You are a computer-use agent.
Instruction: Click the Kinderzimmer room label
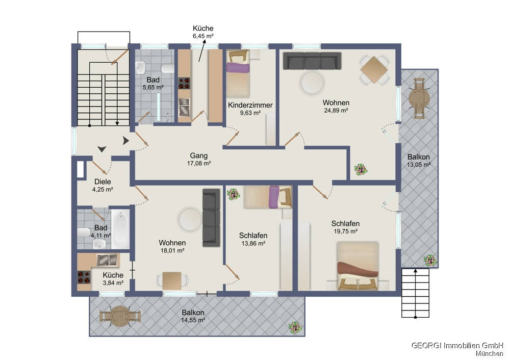[250, 105]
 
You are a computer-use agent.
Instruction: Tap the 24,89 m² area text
[336, 111]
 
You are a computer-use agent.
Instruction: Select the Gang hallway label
[199, 156]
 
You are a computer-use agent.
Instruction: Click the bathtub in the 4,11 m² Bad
[120, 229]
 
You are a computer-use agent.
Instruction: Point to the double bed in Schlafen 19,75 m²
[358, 265]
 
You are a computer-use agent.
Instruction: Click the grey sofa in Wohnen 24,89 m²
[312, 61]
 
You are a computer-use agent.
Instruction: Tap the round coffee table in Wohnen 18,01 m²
[190, 219]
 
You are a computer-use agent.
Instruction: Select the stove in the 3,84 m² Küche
[84, 277]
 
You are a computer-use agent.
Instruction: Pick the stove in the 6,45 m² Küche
[184, 83]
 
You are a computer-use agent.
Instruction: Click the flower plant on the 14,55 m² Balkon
[295, 327]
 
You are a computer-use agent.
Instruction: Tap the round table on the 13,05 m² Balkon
[419, 98]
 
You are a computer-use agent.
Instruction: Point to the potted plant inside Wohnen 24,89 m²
[361, 169]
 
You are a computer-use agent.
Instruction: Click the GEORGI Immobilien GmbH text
[457, 345]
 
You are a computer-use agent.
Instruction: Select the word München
[489, 353]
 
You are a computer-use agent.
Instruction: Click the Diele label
[103, 182]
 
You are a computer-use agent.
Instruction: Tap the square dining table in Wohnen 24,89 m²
[374, 69]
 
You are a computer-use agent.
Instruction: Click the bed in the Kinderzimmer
[238, 74]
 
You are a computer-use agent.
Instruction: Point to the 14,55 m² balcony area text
[193, 320]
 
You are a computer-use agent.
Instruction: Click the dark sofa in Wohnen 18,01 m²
[211, 218]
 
